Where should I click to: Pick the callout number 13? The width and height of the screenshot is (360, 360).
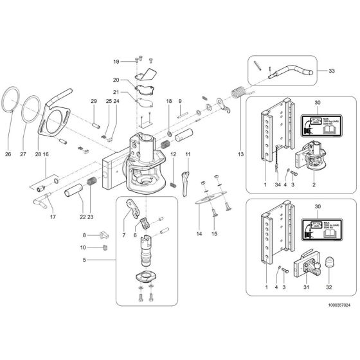point(240,155)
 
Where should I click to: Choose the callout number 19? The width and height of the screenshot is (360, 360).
point(116,61)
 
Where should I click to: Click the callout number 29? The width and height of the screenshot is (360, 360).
point(93,102)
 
